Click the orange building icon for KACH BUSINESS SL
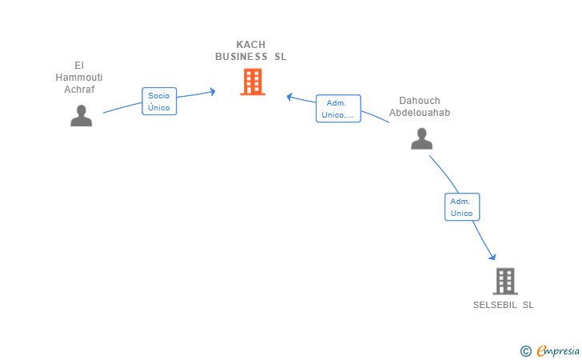click(x=253, y=82)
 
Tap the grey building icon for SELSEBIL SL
click(x=505, y=282)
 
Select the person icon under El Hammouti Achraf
click(x=82, y=115)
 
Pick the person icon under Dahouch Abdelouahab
click(x=421, y=138)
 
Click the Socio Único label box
click(x=159, y=102)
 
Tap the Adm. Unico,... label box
click(x=338, y=109)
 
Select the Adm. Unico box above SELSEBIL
click(x=462, y=207)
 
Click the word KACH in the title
click(x=251, y=45)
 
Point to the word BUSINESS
click(x=241, y=57)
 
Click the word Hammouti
click(x=79, y=78)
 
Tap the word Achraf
click(x=79, y=90)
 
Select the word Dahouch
click(x=420, y=101)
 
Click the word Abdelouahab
click(x=420, y=113)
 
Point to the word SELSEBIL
click(x=495, y=305)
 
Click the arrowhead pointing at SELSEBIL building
click(x=492, y=256)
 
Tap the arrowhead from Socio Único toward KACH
click(x=213, y=91)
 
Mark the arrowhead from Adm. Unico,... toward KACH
click(x=289, y=97)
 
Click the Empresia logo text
click(x=558, y=350)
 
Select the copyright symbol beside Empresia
click(x=526, y=351)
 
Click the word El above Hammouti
click(x=79, y=66)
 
